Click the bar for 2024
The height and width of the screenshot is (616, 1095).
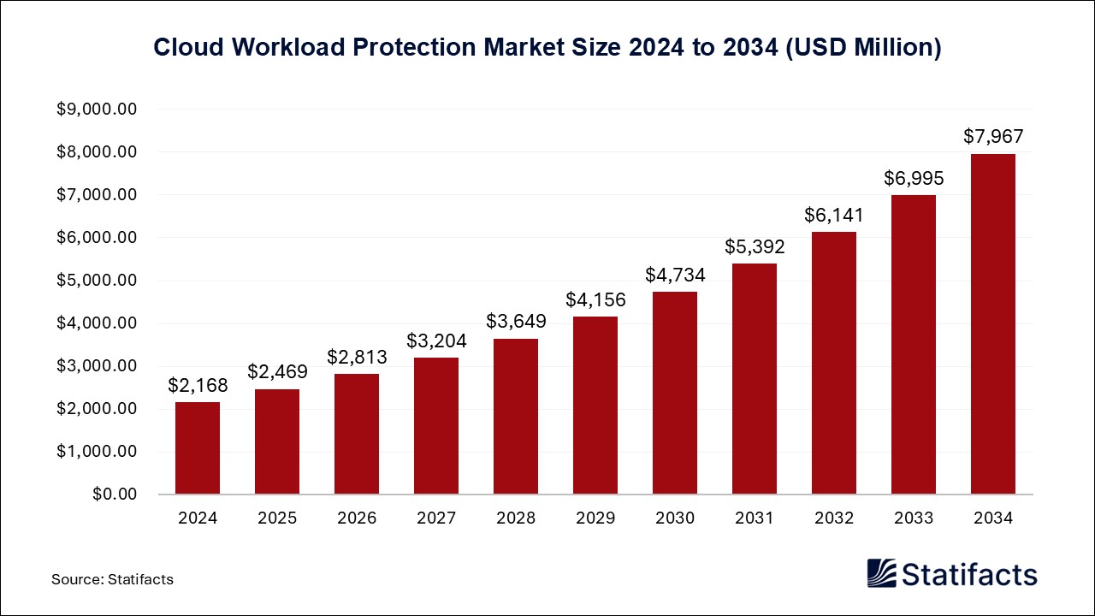click(198, 448)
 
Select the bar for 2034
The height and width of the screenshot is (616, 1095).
click(993, 324)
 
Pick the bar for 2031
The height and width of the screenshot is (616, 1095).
click(755, 379)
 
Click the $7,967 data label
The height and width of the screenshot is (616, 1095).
click(993, 136)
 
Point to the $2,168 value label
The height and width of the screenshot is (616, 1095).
click(198, 385)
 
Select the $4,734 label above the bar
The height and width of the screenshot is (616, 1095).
click(675, 275)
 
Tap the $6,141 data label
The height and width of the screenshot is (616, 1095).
click(834, 215)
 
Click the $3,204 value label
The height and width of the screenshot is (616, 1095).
click(436, 341)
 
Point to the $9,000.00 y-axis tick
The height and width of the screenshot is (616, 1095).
click(96, 110)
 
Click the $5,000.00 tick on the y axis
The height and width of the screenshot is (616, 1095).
click(96, 281)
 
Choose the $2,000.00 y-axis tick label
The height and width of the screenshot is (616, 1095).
click(96, 409)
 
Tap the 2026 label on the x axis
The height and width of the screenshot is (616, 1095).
click(357, 518)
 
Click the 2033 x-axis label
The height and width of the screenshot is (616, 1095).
click(914, 518)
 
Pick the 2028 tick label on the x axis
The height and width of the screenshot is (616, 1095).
click(516, 518)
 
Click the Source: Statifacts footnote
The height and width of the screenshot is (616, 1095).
click(112, 579)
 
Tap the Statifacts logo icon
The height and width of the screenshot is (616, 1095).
click(881, 573)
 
